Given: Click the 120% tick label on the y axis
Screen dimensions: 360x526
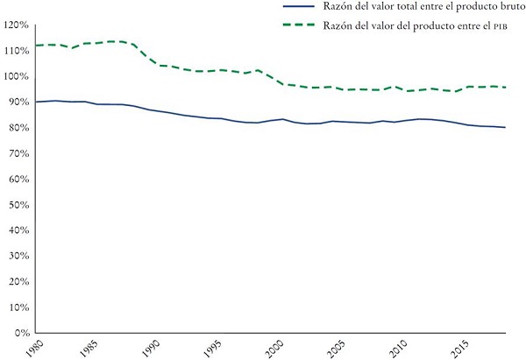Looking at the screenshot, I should pyautogui.click(x=18, y=25).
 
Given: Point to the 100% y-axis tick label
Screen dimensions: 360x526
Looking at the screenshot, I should pyautogui.click(x=18, y=76).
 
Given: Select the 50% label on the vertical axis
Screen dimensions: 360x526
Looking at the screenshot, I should pyautogui.click(x=19, y=204).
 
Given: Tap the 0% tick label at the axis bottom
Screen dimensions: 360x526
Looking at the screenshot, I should pyautogui.click(x=22, y=333).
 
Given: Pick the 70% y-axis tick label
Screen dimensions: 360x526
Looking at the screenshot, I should pyautogui.click(x=19, y=153).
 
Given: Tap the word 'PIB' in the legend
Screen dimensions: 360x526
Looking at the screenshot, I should pyautogui.click(x=499, y=25).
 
